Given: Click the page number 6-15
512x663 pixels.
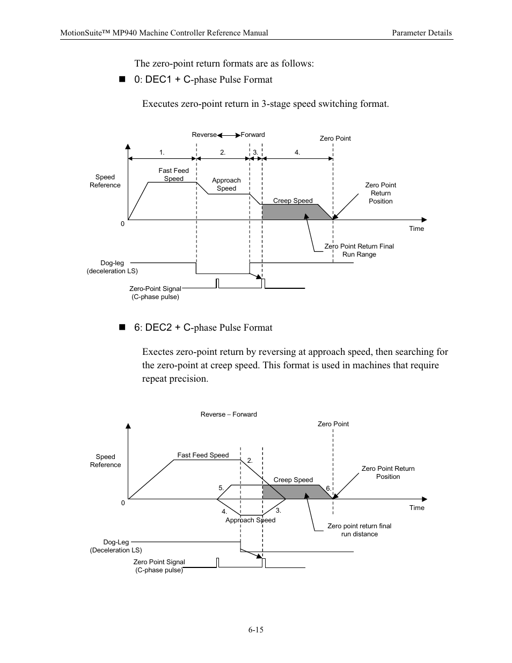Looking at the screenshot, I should click(255, 630).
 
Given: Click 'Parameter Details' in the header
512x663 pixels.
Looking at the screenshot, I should click(421, 33).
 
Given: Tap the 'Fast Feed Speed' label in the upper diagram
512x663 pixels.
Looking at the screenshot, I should click(173, 174).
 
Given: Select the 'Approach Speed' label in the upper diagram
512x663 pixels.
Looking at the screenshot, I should click(226, 184).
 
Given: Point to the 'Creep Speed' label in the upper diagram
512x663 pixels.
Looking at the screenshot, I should click(292, 201).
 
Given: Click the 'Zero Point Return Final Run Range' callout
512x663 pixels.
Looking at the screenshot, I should click(359, 250).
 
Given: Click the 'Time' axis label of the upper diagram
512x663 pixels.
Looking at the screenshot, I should click(416, 229).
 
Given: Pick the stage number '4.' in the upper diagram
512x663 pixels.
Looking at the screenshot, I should click(297, 152).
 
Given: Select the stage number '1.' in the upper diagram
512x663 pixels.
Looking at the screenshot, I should click(162, 152).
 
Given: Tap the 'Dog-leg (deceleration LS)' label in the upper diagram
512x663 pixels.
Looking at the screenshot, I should click(112, 267).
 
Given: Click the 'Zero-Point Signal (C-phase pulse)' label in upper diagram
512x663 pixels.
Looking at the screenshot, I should click(155, 293).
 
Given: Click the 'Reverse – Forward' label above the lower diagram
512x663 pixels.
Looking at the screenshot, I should click(229, 414).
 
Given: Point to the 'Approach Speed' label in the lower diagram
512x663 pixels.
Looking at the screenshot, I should click(250, 520).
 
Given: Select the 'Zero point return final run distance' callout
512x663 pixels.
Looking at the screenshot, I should click(359, 530).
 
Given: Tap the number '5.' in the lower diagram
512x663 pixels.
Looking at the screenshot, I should click(221, 488).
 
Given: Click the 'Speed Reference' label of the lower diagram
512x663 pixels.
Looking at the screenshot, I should click(105, 461).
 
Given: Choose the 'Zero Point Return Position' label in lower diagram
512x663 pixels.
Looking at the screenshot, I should click(387, 472).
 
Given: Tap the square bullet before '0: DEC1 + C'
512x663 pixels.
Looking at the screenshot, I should click(121, 79).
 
